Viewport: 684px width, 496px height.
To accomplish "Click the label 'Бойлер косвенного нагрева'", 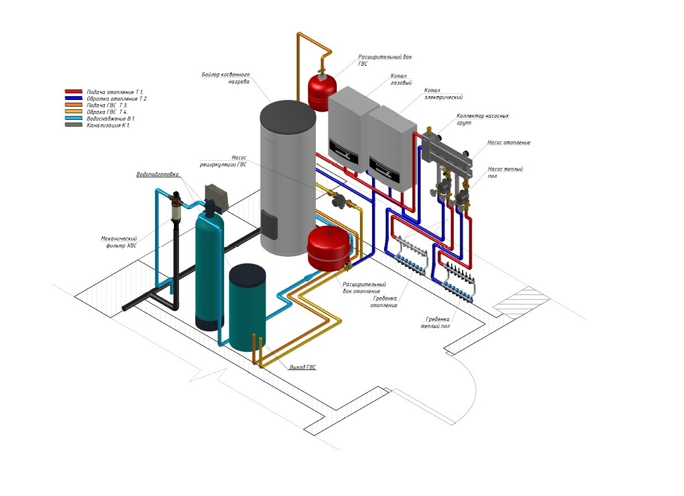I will click(x=226, y=77).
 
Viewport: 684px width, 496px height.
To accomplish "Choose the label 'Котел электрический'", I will click(x=443, y=93).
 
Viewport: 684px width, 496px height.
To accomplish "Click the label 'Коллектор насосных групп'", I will click(x=482, y=119).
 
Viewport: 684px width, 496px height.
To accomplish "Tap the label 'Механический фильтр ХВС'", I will click(x=119, y=242).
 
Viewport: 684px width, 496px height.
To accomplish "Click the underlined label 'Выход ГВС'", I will click(x=303, y=367).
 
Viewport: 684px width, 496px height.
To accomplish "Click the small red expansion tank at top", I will click(x=317, y=91).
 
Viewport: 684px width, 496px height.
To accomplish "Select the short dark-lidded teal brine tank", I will click(x=247, y=307).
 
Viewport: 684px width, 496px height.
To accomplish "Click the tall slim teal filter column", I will click(x=209, y=271).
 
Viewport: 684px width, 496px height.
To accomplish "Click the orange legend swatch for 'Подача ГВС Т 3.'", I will click(x=73, y=105).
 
